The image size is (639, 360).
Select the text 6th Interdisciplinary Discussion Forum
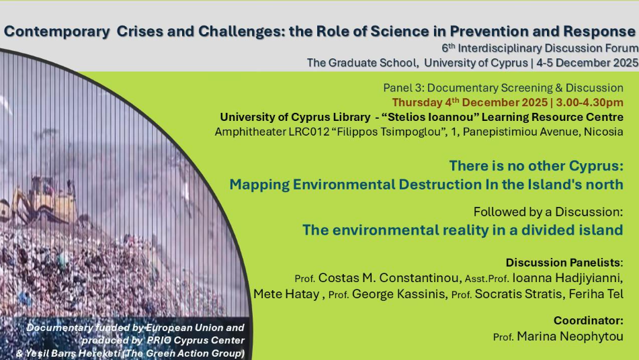540,48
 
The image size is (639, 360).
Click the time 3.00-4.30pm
589,102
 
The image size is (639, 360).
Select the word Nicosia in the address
603,132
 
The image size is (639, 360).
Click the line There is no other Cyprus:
536,166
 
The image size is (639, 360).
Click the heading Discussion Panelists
564,262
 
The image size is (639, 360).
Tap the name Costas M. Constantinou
388,278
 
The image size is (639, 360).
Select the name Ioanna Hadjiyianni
567,278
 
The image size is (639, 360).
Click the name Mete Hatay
286,294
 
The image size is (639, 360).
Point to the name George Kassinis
398,294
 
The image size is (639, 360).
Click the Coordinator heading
589,321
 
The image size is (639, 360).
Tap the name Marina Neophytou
570,336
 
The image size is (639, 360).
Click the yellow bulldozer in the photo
45,201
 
